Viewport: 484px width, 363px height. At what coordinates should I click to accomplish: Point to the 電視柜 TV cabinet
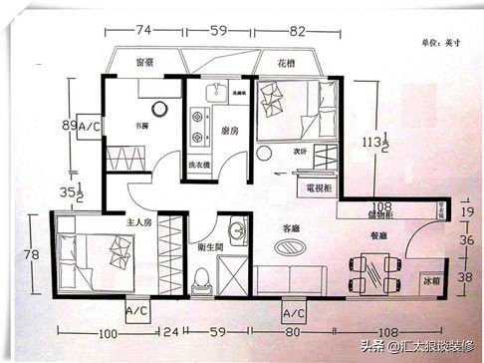318,186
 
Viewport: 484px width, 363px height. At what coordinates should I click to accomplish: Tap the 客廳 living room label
291,228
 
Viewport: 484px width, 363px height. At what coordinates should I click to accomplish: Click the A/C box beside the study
89,128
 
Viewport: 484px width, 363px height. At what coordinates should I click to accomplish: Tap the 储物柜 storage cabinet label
381,212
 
